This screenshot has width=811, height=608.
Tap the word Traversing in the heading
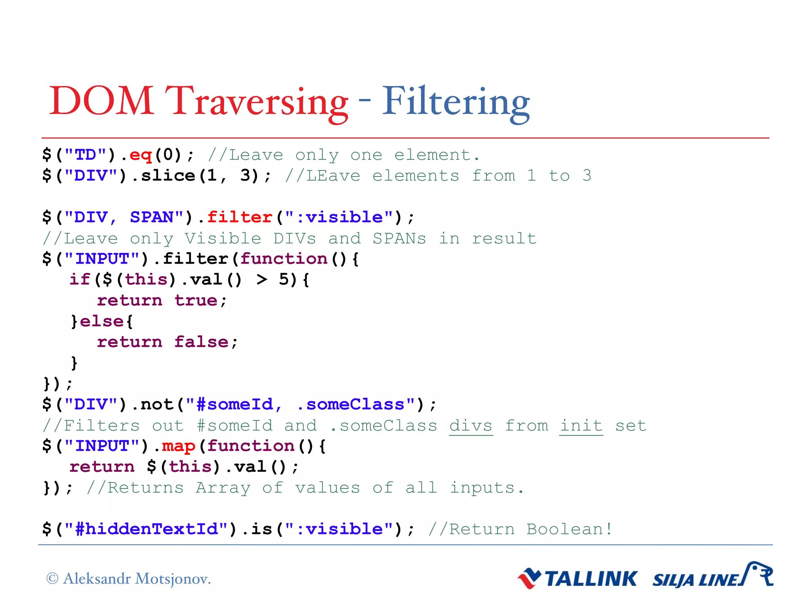257,102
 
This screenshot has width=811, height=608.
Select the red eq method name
141,155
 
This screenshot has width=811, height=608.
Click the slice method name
168,176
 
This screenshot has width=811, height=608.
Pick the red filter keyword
240,217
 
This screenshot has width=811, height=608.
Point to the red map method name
179,446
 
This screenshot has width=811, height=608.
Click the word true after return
196,301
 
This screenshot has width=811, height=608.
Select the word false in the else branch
201,342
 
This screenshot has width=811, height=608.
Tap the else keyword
102,321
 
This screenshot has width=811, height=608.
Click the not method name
157,405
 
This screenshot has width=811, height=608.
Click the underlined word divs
471,426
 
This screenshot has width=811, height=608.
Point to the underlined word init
581,426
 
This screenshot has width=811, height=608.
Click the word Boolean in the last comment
565,529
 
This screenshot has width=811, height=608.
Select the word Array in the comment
223,488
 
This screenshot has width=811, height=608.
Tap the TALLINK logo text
591,579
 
